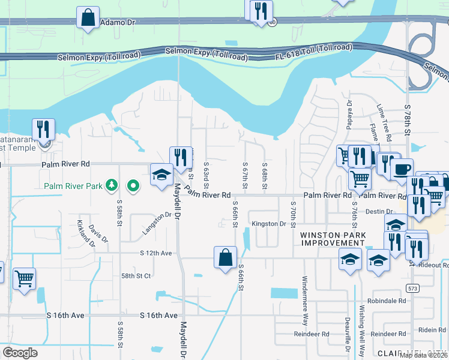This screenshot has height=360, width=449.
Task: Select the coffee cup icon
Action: [402, 169]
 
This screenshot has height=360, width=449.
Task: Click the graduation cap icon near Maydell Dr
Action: [161, 175]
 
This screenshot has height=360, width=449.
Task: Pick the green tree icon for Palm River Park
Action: [110, 185]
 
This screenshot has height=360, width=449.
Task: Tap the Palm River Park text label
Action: [73, 186]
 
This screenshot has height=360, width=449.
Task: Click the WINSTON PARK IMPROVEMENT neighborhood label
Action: [332, 238]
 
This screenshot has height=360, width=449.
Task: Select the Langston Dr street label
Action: [157, 223]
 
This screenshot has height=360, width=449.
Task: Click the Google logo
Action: [20, 353]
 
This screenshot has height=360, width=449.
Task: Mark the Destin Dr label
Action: [379, 211]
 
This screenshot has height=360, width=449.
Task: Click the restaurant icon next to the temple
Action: [43, 129]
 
